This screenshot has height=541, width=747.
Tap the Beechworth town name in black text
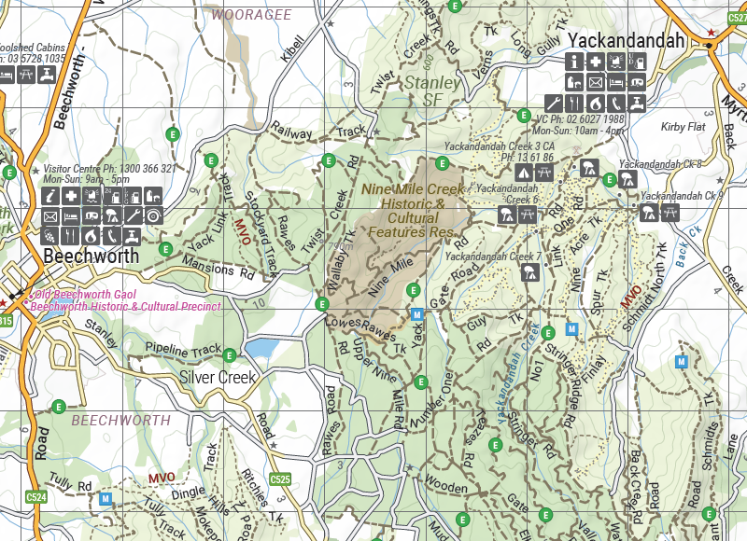click(91, 256)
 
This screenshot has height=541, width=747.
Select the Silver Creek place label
click(218, 378)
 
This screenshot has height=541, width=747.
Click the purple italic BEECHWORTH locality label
click(121, 421)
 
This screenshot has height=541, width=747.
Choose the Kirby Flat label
click(683, 127)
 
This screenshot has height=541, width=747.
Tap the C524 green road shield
click(36, 497)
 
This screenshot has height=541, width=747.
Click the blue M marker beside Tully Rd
click(106, 499)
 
